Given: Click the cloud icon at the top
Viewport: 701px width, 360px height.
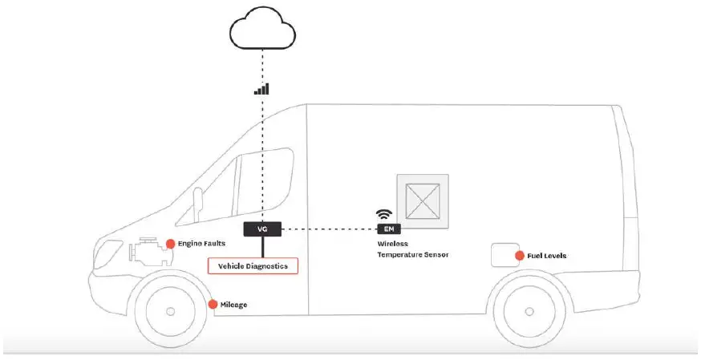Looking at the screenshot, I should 262,30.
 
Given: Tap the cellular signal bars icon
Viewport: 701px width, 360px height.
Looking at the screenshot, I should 261,89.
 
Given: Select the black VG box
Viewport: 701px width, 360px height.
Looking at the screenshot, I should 261,229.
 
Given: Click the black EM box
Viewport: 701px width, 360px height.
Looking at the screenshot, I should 387,229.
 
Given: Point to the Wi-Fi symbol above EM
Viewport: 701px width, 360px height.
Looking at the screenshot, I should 383,215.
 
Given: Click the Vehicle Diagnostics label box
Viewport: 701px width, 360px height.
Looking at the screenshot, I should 253,265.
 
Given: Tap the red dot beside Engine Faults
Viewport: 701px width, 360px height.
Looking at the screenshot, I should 170,244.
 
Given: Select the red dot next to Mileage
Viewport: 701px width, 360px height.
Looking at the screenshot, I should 213,305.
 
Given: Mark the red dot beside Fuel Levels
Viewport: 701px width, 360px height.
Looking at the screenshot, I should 520,256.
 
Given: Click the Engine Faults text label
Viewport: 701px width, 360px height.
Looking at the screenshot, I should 201,244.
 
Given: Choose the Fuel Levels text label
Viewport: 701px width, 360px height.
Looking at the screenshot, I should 547,256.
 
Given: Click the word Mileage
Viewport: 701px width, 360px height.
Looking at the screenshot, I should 233,305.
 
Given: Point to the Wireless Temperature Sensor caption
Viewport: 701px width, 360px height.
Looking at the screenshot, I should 412,249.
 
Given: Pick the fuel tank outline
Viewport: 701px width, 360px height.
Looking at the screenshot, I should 505,255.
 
